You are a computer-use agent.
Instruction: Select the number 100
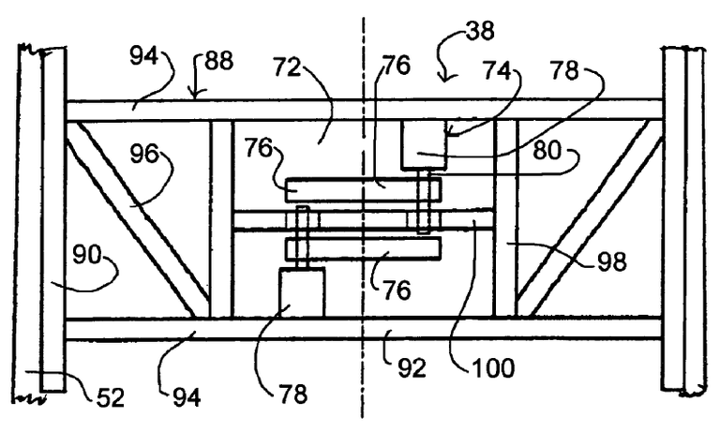(493, 366)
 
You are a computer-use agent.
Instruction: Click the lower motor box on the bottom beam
(302, 292)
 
